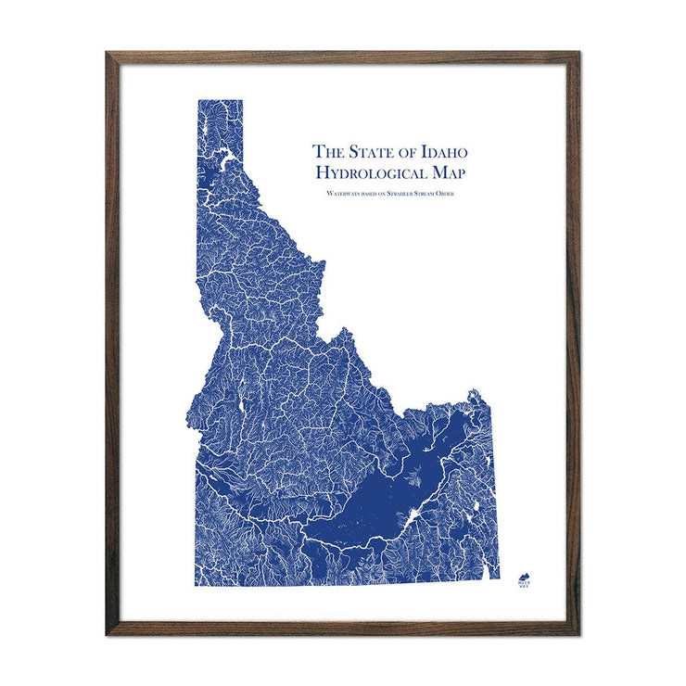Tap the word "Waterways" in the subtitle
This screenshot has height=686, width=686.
point(342,193)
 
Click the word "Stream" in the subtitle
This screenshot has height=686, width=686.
point(444,193)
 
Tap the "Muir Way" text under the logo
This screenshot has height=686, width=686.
point(524,584)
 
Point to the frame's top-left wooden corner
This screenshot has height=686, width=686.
point(109,55)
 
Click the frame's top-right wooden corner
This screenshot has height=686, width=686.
point(576,55)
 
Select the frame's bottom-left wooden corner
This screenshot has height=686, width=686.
point(109,631)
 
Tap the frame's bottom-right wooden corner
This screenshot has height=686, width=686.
point(576,631)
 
